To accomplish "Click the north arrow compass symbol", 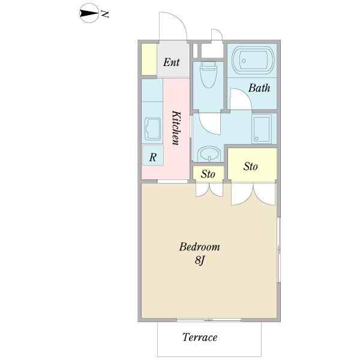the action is (x=89, y=13).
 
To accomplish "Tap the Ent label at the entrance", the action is (x=171, y=62).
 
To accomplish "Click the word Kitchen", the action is (x=176, y=128).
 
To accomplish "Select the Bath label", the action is (x=259, y=88).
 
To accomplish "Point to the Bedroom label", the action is (x=200, y=247).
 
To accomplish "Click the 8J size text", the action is (x=200, y=261).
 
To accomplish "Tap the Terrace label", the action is (x=200, y=337).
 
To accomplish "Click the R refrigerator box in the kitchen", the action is (x=152, y=155).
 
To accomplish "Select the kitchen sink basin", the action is (x=152, y=129).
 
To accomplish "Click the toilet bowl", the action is (x=208, y=74).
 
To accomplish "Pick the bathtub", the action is (x=253, y=60).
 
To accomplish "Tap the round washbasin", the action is (x=209, y=154).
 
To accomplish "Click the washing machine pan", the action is (x=262, y=128).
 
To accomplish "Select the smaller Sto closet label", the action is (x=208, y=174).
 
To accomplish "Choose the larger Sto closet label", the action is (x=250, y=166).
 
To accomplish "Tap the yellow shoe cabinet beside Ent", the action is (x=149, y=59).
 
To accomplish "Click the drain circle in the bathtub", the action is (x=244, y=61).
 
